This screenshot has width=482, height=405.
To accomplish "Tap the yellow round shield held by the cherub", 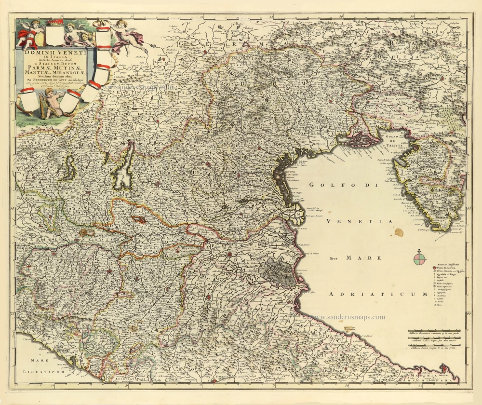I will [x=39, y=38].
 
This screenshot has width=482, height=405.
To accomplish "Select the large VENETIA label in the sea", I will [x=359, y=221].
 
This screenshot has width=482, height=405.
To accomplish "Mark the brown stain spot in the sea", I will [x=399, y=233].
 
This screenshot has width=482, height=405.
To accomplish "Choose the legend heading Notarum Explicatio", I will [x=451, y=265].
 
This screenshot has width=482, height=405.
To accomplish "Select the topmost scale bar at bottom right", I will [x=437, y=334].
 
